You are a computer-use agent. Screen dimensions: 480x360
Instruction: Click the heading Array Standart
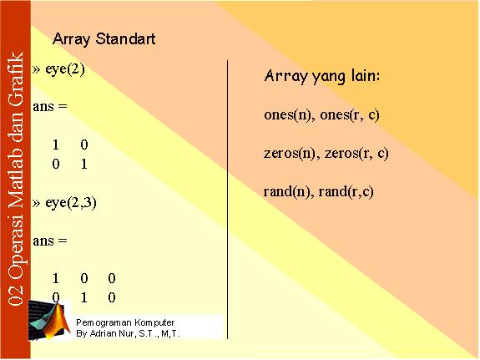104,39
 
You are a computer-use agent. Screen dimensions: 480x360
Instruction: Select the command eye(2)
65,69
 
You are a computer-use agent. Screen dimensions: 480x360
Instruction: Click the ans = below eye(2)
50,107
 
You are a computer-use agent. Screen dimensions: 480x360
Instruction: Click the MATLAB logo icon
49,320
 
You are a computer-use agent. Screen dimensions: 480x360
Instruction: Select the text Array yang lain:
322,77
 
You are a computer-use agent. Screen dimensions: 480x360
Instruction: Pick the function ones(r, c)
350,115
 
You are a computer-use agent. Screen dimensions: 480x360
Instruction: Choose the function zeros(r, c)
356,153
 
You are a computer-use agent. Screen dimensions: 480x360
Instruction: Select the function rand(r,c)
346,192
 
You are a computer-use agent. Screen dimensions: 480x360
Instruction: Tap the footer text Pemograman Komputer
125,322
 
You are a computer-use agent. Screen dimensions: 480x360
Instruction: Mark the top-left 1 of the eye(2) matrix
55,145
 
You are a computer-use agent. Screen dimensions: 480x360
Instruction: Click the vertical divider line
227,200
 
